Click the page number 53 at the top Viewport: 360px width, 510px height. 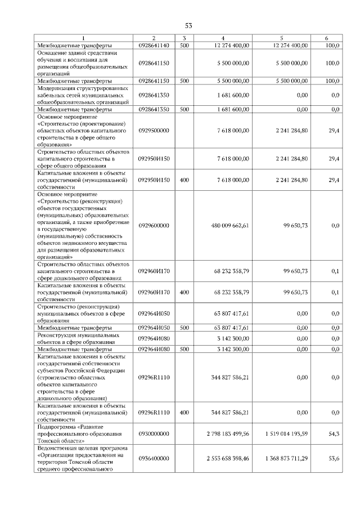tap(188, 25)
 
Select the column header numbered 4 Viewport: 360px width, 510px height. tap(223, 38)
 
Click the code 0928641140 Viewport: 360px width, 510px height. tap(154, 45)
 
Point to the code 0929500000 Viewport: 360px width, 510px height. tap(154, 131)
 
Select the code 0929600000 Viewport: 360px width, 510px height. tap(154, 225)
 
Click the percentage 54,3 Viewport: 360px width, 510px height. tap(334, 434)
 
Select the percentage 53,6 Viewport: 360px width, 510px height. tap(334, 459)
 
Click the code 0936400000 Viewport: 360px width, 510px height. tap(154, 459)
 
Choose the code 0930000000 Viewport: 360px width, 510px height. tap(154, 434)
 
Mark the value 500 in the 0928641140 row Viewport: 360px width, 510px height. tap(184, 45)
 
